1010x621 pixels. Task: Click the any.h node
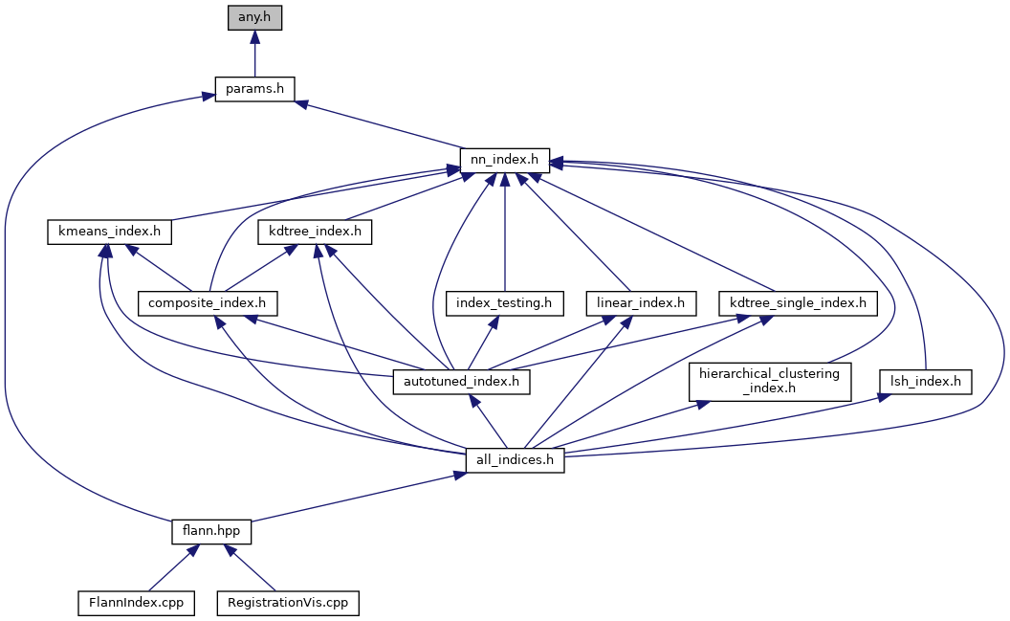(x=254, y=17)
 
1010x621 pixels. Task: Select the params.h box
(x=254, y=89)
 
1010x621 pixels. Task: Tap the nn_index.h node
(x=504, y=160)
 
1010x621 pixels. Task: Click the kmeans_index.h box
(x=109, y=232)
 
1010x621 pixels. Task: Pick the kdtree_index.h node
(x=314, y=232)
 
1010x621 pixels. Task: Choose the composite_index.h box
(x=208, y=303)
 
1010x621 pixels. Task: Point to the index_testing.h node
(x=504, y=303)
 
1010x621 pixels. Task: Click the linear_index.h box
(x=641, y=303)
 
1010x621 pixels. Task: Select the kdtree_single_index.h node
(x=798, y=303)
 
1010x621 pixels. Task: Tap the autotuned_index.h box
(x=462, y=382)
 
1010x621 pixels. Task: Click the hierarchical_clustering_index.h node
(x=769, y=381)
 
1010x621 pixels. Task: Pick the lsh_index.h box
(x=926, y=382)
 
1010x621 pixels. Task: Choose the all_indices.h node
(x=516, y=460)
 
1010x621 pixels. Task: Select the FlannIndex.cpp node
(x=137, y=603)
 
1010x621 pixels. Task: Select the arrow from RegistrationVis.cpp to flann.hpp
(x=251, y=567)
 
